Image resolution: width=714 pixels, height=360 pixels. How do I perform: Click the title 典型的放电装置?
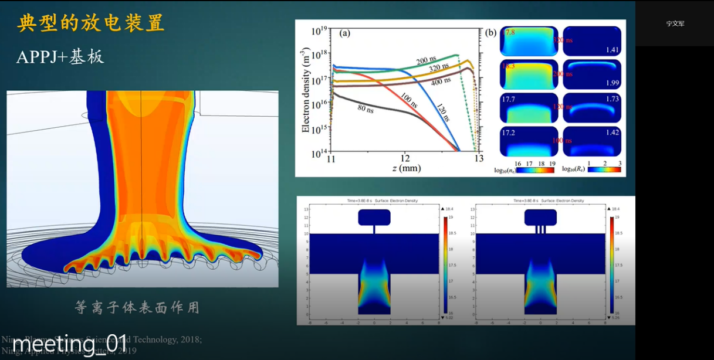point(91,23)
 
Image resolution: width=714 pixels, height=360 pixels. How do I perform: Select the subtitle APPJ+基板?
point(60,56)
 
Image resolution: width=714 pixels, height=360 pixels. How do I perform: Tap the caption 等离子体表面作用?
point(137,307)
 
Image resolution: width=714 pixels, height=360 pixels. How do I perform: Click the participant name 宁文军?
point(675,24)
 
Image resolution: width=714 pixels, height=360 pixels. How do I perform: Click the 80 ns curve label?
point(370,108)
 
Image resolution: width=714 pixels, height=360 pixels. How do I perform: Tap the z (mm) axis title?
point(404,168)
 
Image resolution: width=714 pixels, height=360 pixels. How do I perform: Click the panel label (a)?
point(345,33)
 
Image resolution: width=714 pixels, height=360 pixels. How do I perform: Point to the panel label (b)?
point(491,32)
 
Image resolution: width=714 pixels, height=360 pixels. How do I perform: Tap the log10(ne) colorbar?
point(527,170)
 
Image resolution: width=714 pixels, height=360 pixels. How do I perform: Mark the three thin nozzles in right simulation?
point(540,230)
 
